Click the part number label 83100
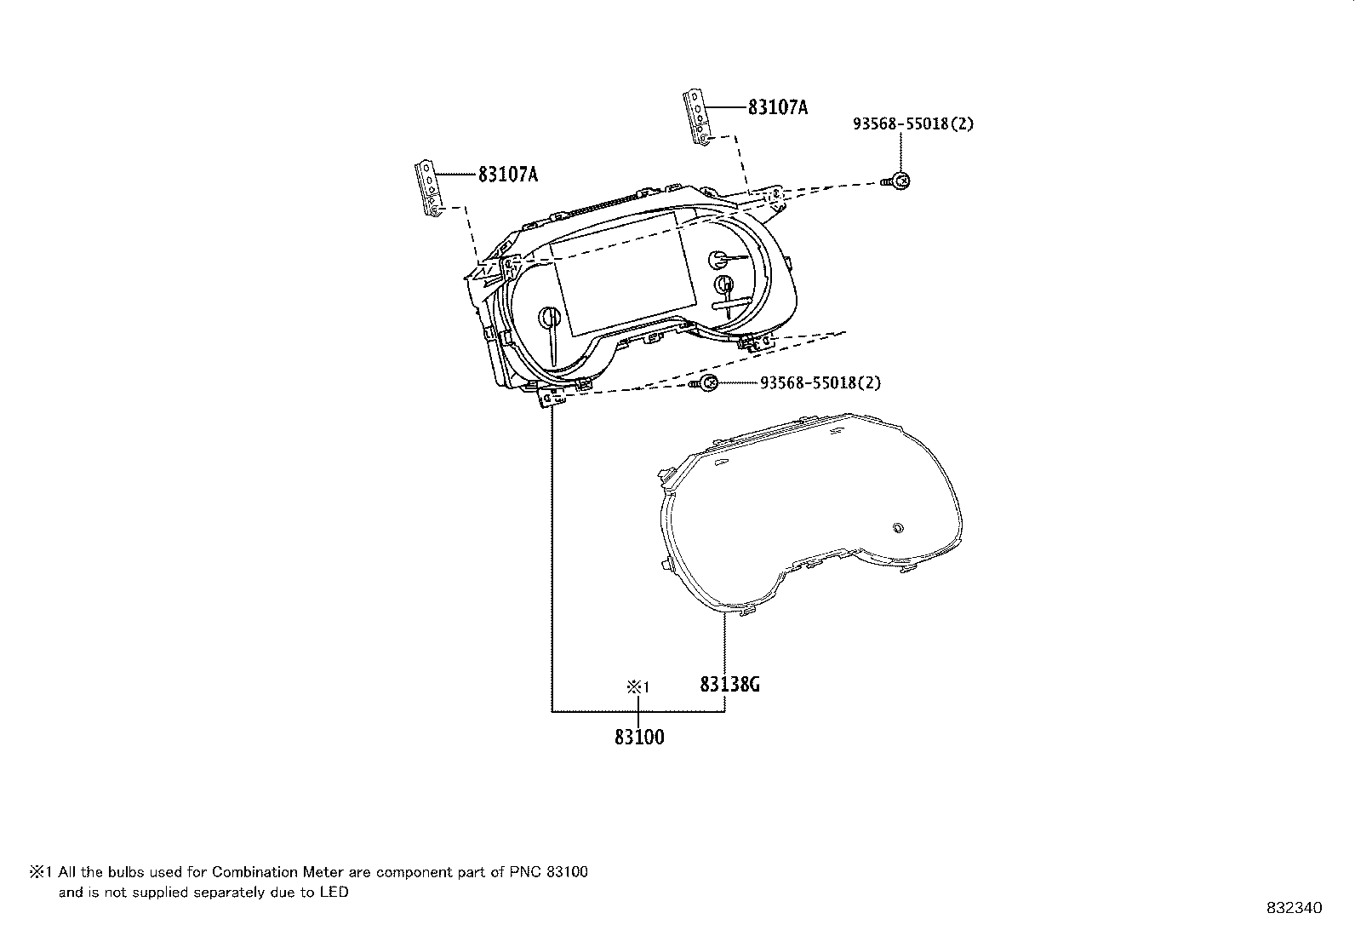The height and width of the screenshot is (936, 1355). click(x=639, y=737)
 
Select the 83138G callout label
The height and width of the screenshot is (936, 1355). click(x=729, y=684)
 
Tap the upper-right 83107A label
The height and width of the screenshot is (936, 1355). click(x=778, y=107)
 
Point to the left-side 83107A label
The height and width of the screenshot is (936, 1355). click(x=507, y=175)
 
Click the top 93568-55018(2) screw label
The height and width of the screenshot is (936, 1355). click(x=913, y=123)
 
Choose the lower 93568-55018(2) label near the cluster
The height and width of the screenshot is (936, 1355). click(x=820, y=383)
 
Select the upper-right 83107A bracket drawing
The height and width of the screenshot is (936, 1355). click(x=697, y=119)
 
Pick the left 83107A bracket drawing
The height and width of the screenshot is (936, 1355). click(x=428, y=190)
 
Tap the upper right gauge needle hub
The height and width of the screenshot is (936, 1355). click(x=719, y=260)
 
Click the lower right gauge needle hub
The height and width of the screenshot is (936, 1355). click(x=724, y=284)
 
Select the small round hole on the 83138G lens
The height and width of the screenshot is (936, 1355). click(x=897, y=527)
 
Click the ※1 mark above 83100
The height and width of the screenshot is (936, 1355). click(x=638, y=686)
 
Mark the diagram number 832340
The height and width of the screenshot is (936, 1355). click(x=1295, y=908)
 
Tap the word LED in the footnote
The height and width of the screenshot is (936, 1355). click(x=334, y=893)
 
